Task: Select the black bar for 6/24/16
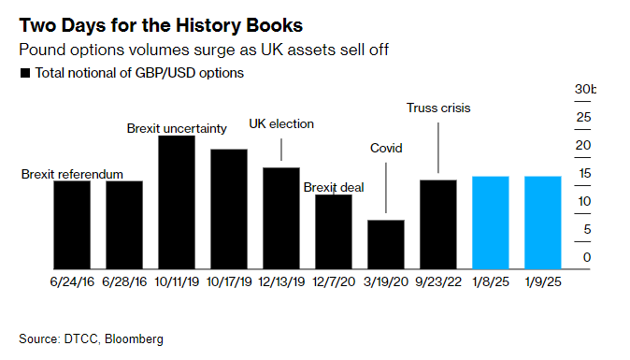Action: click(72, 223)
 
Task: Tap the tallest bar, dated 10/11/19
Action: click(177, 200)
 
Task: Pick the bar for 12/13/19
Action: click(281, 215)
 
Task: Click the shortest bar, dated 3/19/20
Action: click(386, 242)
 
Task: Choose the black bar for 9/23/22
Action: click(438, 222)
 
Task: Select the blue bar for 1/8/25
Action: click(491, 220)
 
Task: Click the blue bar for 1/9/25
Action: click(543, 220)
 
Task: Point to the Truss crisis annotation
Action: click(438, 108)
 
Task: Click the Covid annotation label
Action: click(386, 148)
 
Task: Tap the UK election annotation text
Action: click(281, 123)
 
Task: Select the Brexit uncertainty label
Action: click(177, 128)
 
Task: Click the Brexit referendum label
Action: click(72, 174)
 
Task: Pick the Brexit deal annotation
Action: click(334, 187)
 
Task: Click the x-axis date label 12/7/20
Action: click(334, 281)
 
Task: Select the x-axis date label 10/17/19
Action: click(229, 281)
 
